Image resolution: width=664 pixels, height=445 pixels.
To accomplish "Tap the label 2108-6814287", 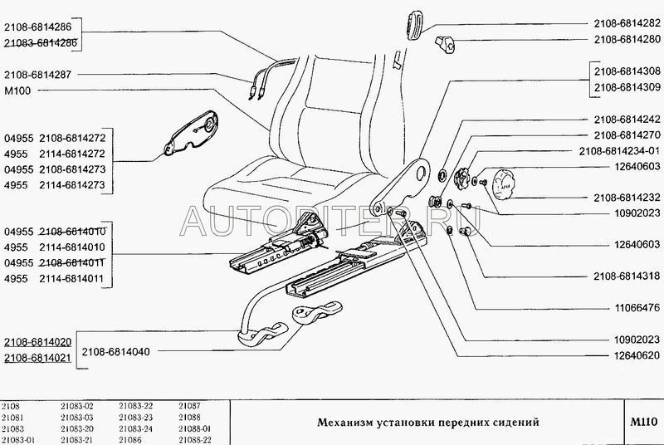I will tap(37, 74).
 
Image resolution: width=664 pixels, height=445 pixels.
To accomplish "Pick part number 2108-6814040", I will tap(117, 352).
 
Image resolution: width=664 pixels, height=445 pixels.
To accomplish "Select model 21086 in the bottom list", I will tap(131, 438).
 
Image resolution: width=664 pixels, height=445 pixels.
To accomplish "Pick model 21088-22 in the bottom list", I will tap(195, 438).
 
